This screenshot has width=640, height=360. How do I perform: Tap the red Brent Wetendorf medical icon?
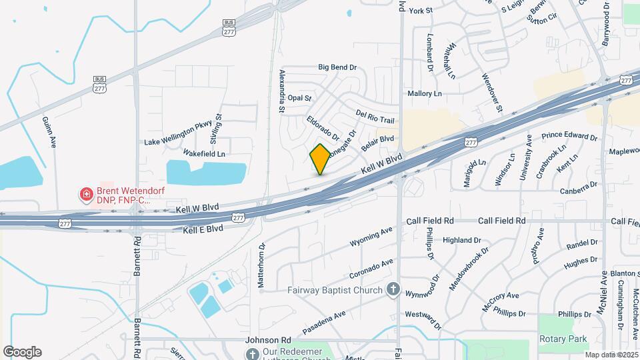click(86, 195)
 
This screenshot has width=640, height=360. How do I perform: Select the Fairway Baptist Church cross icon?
click(393, 290)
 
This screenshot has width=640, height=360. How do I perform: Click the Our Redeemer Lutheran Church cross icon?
click(252, 353)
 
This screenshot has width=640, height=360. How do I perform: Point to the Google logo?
click(22, 352)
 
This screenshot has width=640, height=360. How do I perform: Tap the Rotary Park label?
click(563, 339)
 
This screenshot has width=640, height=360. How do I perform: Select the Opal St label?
click(299, 98)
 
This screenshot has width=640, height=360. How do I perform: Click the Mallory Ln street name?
click(425, 94)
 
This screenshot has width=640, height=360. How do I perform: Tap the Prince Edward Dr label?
click(569, 137)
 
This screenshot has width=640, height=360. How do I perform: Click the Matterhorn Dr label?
click(261, 266)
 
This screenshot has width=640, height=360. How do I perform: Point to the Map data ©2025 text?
click(611, 355)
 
